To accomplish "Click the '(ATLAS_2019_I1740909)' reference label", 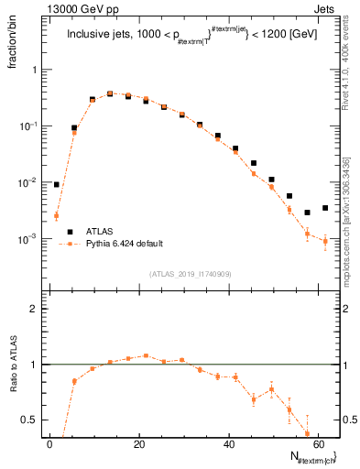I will (191, 274).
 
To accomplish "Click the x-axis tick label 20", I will (139, 444).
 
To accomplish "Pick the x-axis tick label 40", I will (228, 444).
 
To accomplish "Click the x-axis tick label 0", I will (50, 444).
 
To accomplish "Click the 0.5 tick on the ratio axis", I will (32, 420).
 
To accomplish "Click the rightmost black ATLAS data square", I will (325, 208).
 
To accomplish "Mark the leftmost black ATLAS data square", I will (57, 184).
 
